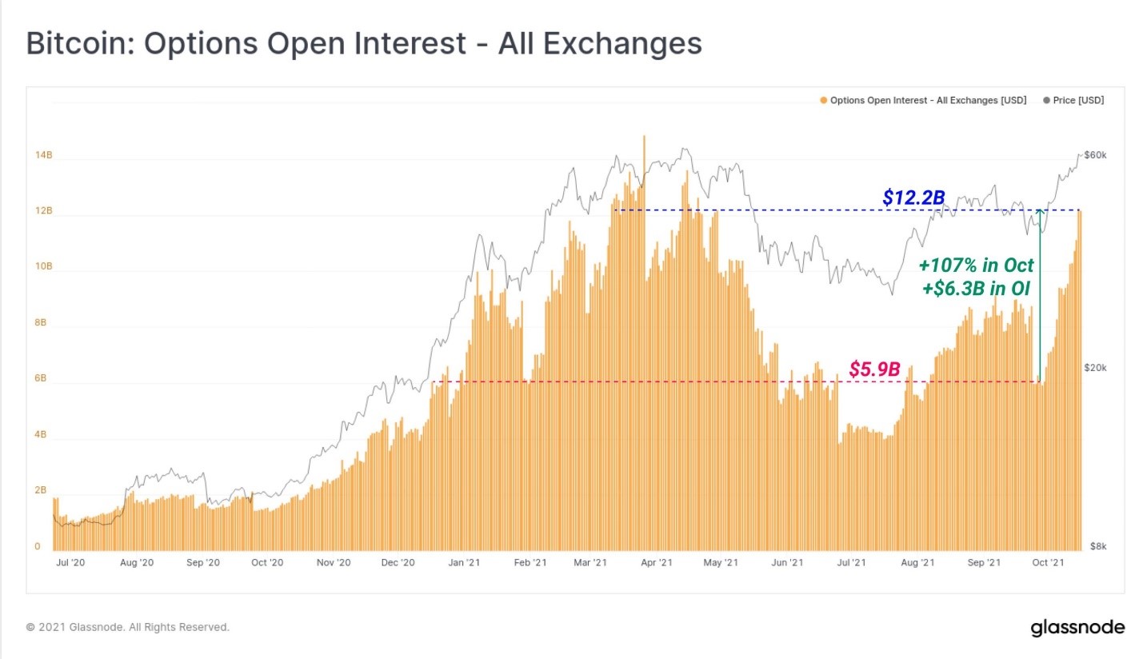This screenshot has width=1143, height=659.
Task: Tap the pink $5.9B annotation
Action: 874,369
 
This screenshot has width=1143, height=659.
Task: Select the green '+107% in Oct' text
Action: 975,265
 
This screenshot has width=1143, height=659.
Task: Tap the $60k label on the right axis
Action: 1093,154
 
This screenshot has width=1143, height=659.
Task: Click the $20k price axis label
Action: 1093,367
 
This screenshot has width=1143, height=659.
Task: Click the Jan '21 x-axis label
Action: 464,563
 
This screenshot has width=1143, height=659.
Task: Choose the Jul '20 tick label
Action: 70,563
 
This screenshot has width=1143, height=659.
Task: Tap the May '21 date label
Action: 721,563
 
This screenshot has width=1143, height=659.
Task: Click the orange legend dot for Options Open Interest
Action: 824,101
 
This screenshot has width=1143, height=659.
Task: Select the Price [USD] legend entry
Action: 1079,101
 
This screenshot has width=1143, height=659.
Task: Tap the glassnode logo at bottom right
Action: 1077,627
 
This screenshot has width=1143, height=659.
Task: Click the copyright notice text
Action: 128,627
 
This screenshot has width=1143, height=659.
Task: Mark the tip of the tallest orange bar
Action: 644,137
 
